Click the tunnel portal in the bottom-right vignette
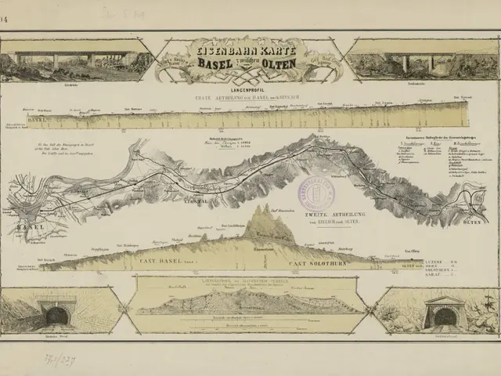click(445, 317)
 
